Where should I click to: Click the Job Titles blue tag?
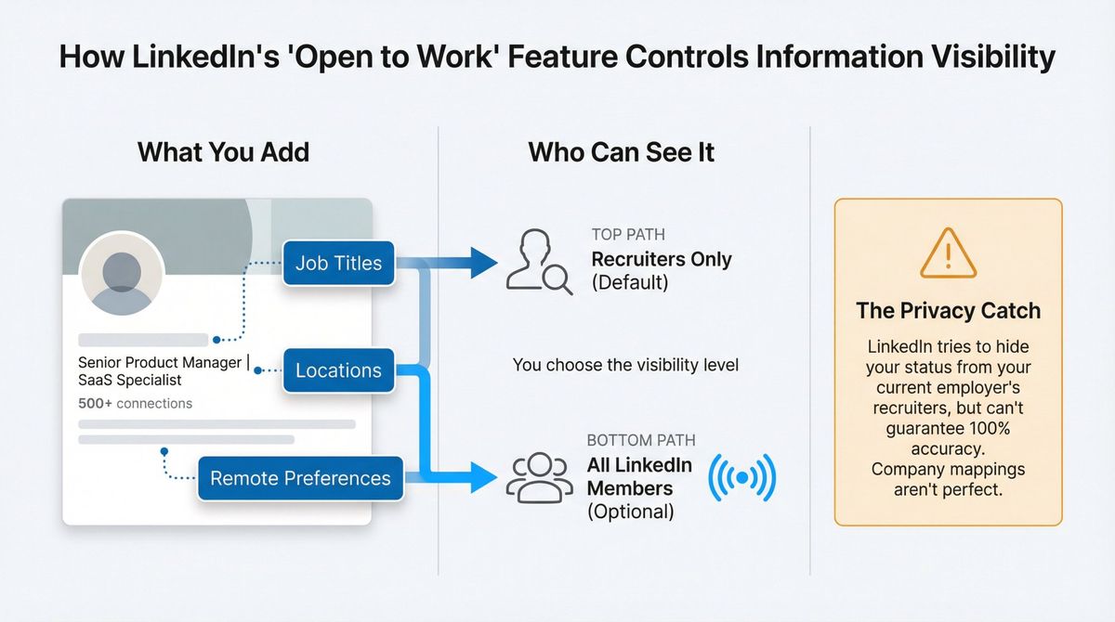click(x=338, y=263)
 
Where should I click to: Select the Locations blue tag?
click(x=338, y=370)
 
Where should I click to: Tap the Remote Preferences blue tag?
click(x=300, y=478)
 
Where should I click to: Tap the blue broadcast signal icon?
click(x=741, y=478)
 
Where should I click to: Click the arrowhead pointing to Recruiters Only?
click(x=482, y=263)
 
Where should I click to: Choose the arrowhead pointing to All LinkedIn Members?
click(x=482, y=478)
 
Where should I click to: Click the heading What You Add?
click(x=223, y=152)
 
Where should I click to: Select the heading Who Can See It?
click(x=621, y=152)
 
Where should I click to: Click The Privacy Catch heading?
click(x=948, y=311)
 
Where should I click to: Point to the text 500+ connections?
click(x=136, y=403)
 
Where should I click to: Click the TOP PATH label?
click(x=628, y=235)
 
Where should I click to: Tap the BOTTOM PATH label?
click(x=640, y=440)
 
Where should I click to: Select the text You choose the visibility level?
click(x=625, y=365)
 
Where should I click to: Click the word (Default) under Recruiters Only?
click(x=629, y=283)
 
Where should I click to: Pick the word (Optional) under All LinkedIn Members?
click(x=631, y=512)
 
